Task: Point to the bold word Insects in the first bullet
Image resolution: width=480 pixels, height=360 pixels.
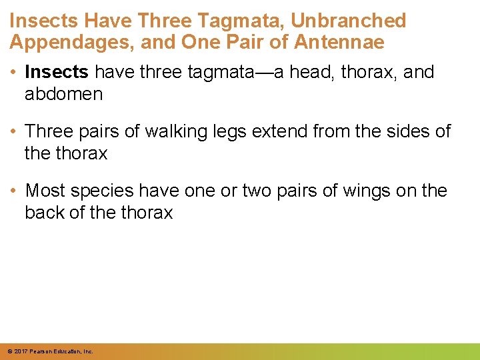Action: [57, 73]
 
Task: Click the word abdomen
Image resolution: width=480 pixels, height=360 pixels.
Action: [64, 94]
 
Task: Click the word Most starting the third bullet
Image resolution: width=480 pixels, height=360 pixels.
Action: [47, 191]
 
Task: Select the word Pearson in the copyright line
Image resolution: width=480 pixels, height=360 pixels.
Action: [42, 351]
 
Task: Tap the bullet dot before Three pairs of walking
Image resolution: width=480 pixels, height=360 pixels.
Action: [15, 132]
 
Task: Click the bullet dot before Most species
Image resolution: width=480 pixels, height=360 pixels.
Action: [15, 191]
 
